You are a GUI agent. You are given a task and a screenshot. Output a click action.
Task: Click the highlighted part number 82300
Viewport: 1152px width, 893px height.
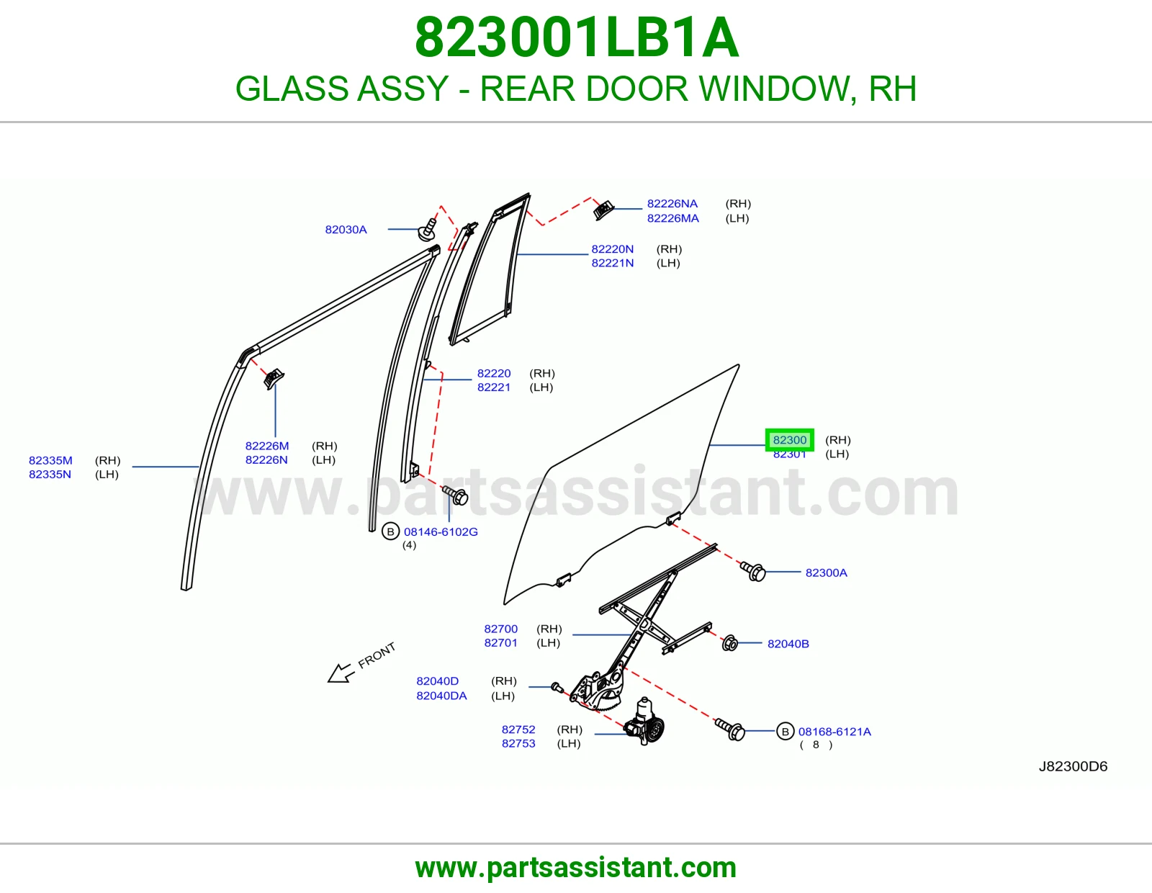click(x=789, y=439)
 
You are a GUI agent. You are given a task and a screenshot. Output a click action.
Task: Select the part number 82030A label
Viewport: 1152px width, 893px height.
click(x=346, y=229)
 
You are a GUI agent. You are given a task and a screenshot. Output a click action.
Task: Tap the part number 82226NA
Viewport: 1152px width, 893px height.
click(x=672, y=204)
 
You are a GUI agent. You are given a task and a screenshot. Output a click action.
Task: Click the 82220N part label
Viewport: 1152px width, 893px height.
click(x=612, y=248)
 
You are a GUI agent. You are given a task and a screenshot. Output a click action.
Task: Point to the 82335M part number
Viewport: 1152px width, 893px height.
click(x=50, y=460)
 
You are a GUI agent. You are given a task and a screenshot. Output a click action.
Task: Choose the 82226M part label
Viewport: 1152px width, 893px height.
click(x=266, y=446)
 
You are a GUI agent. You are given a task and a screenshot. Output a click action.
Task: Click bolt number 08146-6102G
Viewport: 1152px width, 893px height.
click(x=441, y=531)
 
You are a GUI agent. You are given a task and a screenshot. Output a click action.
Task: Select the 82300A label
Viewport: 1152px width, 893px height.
click(x=826, y=573)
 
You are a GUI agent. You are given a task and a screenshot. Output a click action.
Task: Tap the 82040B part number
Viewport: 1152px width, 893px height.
click(x=788, y=644)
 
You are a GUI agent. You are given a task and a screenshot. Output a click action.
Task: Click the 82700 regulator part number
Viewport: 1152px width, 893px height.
click(x=500, y=629)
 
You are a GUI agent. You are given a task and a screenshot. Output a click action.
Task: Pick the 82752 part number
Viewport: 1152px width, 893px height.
click(x=518, y=729)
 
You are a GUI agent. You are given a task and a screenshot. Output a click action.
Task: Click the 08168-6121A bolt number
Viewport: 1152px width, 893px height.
click(x=834, y=731)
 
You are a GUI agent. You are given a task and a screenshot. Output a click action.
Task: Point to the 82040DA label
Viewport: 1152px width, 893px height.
click(x=441, y=695)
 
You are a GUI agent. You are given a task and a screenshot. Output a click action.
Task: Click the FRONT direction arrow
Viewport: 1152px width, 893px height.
click(x=341, y=673)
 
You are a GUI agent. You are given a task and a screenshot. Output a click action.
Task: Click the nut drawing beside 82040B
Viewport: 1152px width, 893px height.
click(x=730, y=642)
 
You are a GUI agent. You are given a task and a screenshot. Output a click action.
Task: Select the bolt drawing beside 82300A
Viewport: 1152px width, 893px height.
click(x=753, y=571)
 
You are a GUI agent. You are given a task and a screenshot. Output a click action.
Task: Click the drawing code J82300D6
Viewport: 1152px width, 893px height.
click(x=1073, y=766)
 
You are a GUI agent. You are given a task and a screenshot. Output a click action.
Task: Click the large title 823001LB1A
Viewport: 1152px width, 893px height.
click(x=576, y=37)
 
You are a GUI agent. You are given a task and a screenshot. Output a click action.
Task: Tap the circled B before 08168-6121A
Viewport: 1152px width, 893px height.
click(x=785, y=731)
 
